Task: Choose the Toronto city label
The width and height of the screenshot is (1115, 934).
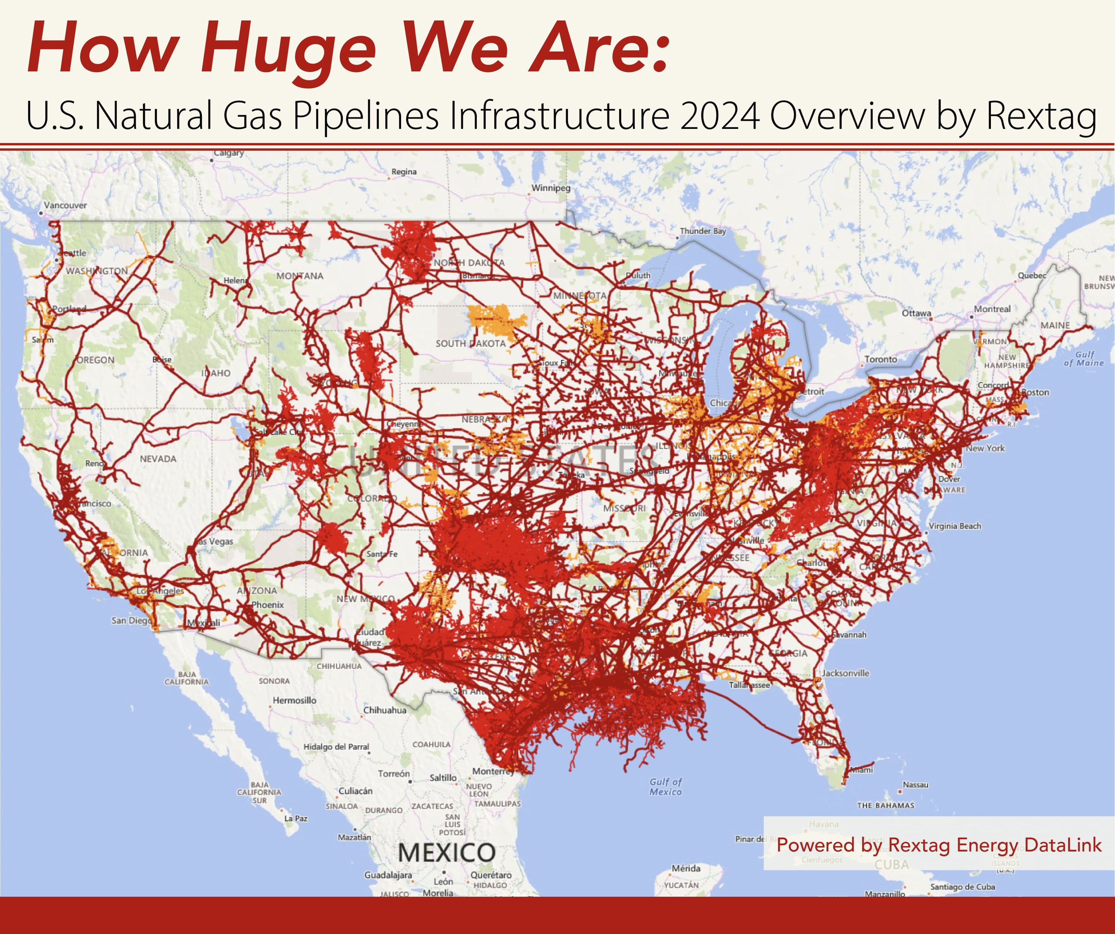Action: [x=880, y=359]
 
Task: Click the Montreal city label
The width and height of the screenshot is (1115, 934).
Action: [x=992, y=309]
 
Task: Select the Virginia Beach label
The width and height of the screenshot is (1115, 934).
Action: [x=955, y=526]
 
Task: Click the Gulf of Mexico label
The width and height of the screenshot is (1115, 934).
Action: [x=665, y=787]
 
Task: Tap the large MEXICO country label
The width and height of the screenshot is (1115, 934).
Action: [x=446, y=853]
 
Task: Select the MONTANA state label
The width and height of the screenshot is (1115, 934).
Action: [x=300, y=276]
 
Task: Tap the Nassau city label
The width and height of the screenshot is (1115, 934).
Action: [x=915, y=785]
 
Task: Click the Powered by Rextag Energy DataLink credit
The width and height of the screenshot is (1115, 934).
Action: [x=939, y=845]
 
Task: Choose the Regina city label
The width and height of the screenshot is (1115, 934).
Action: [x=404, y=172]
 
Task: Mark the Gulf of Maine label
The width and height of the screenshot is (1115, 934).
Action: [x=1084, y=359]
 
